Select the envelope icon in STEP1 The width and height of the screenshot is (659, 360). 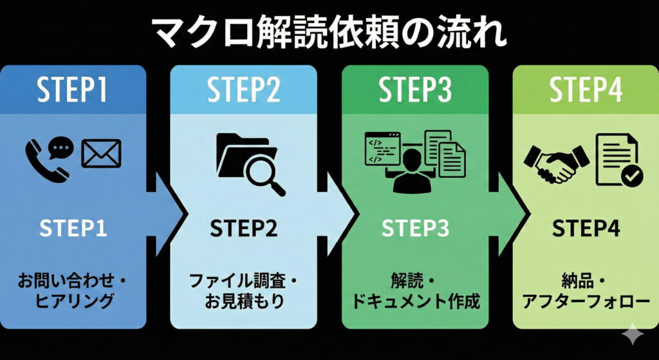tap(101, 155)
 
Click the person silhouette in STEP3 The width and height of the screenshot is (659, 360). tap(411, 169)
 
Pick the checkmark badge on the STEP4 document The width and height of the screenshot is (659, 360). tap(630, 174)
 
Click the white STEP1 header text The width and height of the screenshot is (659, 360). tap(72, 91)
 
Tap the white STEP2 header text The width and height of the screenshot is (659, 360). tap(243, 91)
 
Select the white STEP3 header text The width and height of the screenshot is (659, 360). tap(415, 91)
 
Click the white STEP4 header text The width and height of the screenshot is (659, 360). tap(586, 91)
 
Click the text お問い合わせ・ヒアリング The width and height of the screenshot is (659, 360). tap(72, 290)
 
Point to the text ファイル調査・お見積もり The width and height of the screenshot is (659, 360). tap(243, 290)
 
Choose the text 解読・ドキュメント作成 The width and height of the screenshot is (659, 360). tap(415, 290)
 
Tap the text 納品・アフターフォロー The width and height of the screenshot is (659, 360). tap(586, 290)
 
